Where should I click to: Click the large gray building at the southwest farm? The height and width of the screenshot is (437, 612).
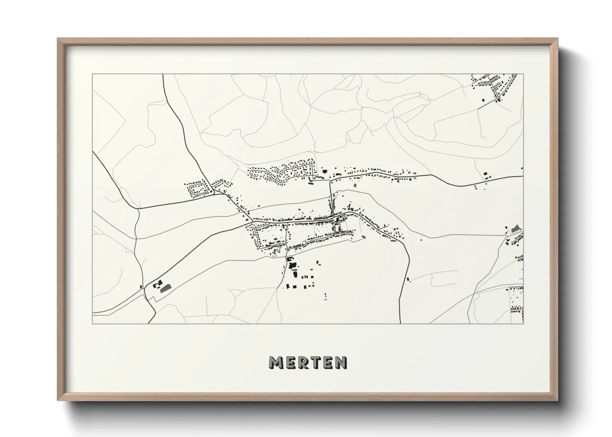click(x=165, y=288)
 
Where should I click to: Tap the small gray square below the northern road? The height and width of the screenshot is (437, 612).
click(x=354, y=186)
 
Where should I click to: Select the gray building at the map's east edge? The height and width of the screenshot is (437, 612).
click(x=515, y=228)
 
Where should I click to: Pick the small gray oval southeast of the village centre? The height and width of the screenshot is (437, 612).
click(x=363, y=237)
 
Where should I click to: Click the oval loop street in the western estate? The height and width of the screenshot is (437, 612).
click(x=197, y=190)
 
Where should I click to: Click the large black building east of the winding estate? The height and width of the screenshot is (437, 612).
click(x=325, y=171)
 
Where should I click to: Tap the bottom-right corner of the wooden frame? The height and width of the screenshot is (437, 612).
click(x=558, y=400)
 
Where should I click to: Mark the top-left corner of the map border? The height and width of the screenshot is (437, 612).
click(x=93, y=74)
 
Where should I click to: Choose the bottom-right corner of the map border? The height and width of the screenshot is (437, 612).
click(x=523, y=323)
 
